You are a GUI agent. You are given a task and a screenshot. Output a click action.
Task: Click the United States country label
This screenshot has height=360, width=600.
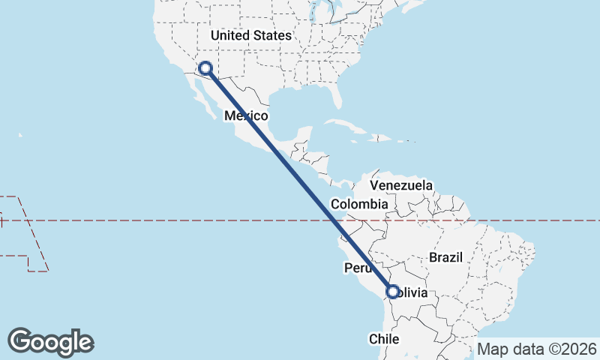click(250, 35)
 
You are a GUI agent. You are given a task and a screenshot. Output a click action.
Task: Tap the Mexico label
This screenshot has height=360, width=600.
click(247, 116)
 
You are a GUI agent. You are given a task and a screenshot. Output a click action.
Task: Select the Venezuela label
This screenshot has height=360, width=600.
click(402, 185)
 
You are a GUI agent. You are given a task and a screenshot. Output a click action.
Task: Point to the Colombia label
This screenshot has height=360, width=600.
click(359, 204)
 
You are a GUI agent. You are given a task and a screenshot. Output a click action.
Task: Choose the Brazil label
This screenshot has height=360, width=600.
click(446, 257)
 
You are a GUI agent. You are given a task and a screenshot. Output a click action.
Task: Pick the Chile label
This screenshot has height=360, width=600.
click(383, 339)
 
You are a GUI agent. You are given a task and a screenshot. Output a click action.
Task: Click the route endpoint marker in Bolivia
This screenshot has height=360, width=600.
click(392, 292)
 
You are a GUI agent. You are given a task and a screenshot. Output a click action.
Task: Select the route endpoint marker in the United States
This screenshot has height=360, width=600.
click(205, 69)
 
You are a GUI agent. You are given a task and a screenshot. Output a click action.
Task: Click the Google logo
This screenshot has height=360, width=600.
click(51, 341)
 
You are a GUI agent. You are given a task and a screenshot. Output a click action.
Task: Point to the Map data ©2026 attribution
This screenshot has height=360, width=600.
click(536, 349)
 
